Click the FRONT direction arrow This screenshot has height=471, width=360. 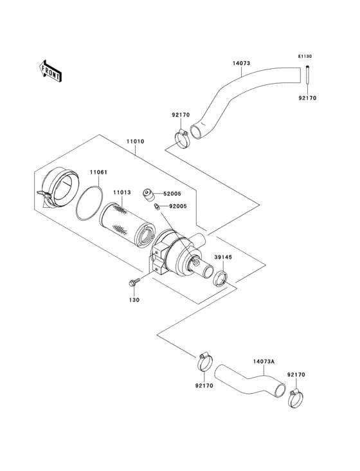pos(51,69)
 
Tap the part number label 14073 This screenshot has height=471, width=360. pos(241,64)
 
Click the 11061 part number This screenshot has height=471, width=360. pos(98,172)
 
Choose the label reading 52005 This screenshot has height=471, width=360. pos(172,192)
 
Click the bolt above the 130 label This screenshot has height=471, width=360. pos(135,281)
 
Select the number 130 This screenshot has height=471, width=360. pos(134,299)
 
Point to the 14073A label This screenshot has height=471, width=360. pos(264,362)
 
